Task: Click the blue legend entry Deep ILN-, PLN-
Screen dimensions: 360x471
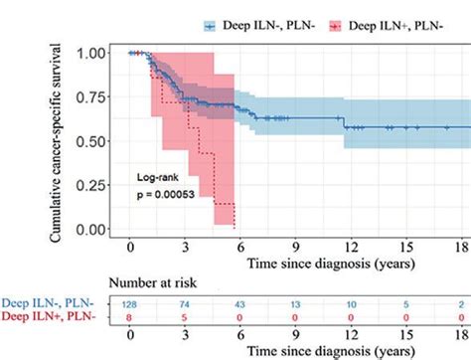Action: coord(257,23)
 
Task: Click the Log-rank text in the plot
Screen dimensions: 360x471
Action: coord(160,177)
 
